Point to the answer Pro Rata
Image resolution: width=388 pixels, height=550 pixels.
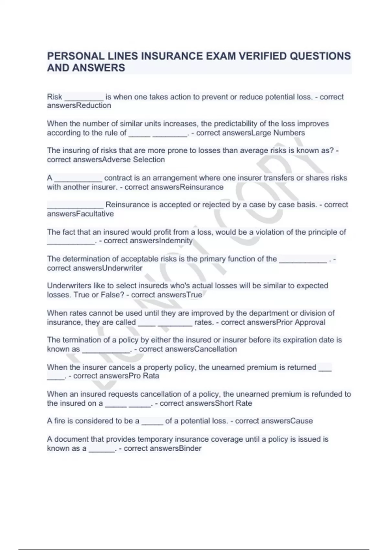coord(144,376)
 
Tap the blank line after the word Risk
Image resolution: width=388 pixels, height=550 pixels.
coord(84,98)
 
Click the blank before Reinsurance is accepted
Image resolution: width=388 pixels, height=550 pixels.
coord(75,206)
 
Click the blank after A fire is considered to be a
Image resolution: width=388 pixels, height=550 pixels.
coord(152,423)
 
